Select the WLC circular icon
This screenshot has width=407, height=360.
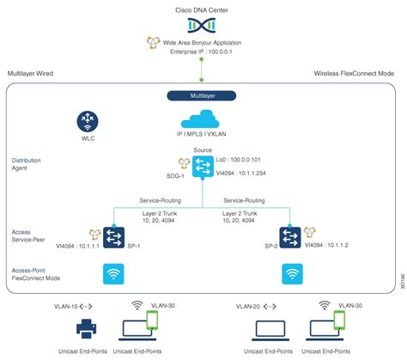click(88, 121)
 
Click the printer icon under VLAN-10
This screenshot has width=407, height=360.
click(88, 330)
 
